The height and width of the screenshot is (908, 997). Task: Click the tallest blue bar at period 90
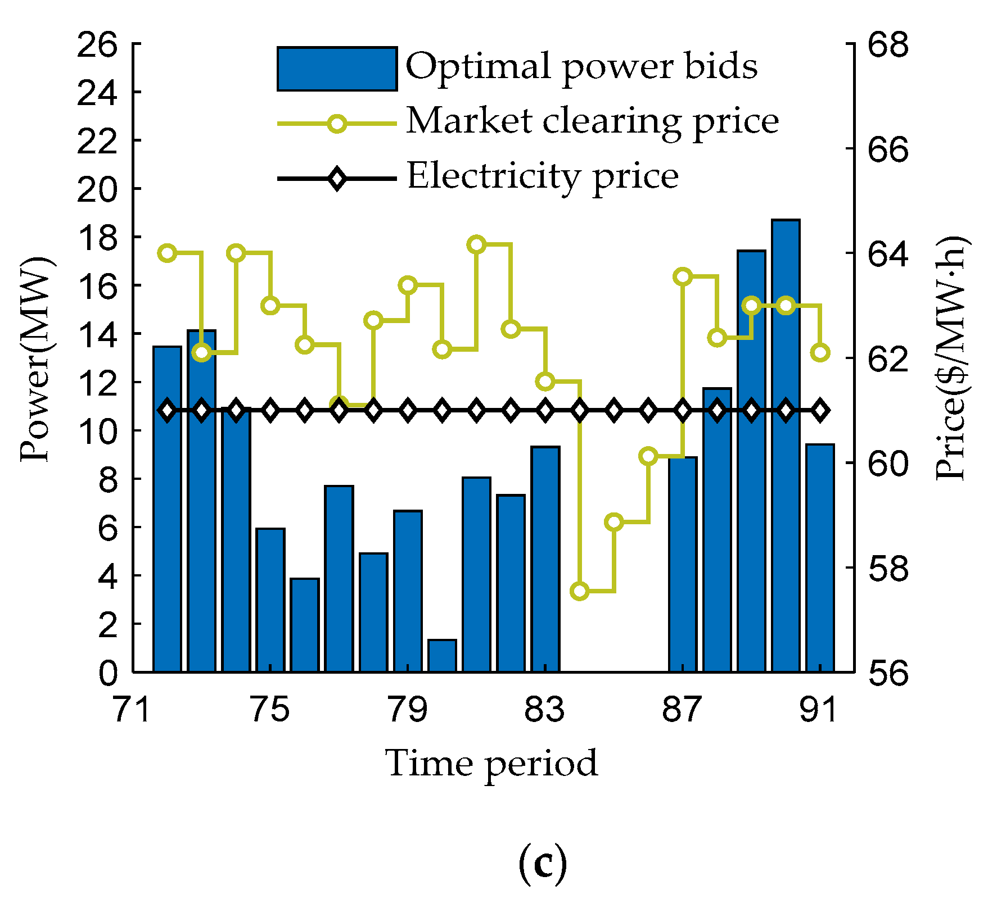(786, 450)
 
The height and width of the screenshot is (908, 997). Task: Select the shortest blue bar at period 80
(442, 656)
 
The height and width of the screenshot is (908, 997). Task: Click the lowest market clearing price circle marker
(579, 591)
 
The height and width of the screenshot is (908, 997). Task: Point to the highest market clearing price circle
(477, 244)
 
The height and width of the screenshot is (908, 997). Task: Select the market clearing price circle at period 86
(648, 456)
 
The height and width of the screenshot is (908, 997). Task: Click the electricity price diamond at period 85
(614, 411)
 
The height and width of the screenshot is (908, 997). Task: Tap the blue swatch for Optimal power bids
(337, 69)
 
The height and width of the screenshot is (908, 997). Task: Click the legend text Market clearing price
(592, 121)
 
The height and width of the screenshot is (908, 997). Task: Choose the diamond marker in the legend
(337, 179)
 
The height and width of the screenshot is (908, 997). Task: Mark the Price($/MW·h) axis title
(952, 360)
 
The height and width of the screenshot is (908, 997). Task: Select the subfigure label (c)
(542, 865)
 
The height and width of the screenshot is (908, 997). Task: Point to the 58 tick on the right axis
(888, 567)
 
